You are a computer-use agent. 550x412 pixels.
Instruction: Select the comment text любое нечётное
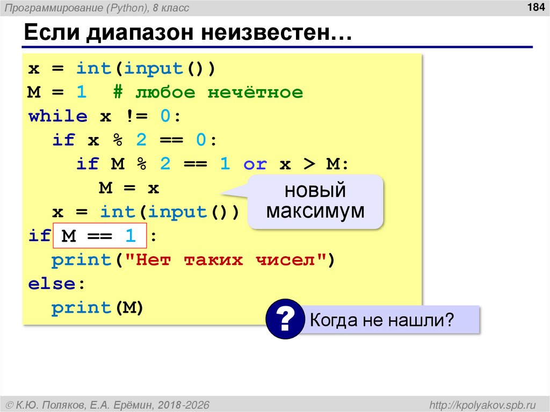click(x=219, y=93)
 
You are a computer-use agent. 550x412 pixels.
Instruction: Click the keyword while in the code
click(x=58, y=117)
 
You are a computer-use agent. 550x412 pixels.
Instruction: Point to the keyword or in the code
click(x=255, y=164)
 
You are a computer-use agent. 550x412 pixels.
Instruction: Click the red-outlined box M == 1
click(x=99, y=236)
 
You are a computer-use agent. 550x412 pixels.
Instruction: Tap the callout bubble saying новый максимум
click(x=315, y=201)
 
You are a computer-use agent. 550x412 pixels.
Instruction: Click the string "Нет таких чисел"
click(x=226, y=260)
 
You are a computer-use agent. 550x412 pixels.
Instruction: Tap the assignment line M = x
click(x=129, y=188)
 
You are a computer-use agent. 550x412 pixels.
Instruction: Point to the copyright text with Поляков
click(x=107, y=403)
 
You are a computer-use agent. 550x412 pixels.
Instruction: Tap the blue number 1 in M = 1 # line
click(x=81, y=93)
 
